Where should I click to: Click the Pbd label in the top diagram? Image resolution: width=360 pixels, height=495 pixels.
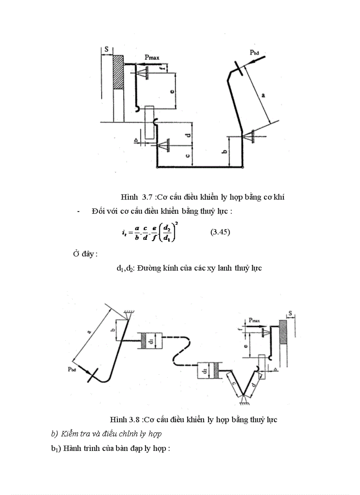(x=255, y=52)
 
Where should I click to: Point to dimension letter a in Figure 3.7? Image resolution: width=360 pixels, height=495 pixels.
(x=263, y=94)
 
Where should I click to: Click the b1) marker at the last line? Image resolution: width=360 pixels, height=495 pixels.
(x=56, y=449)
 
